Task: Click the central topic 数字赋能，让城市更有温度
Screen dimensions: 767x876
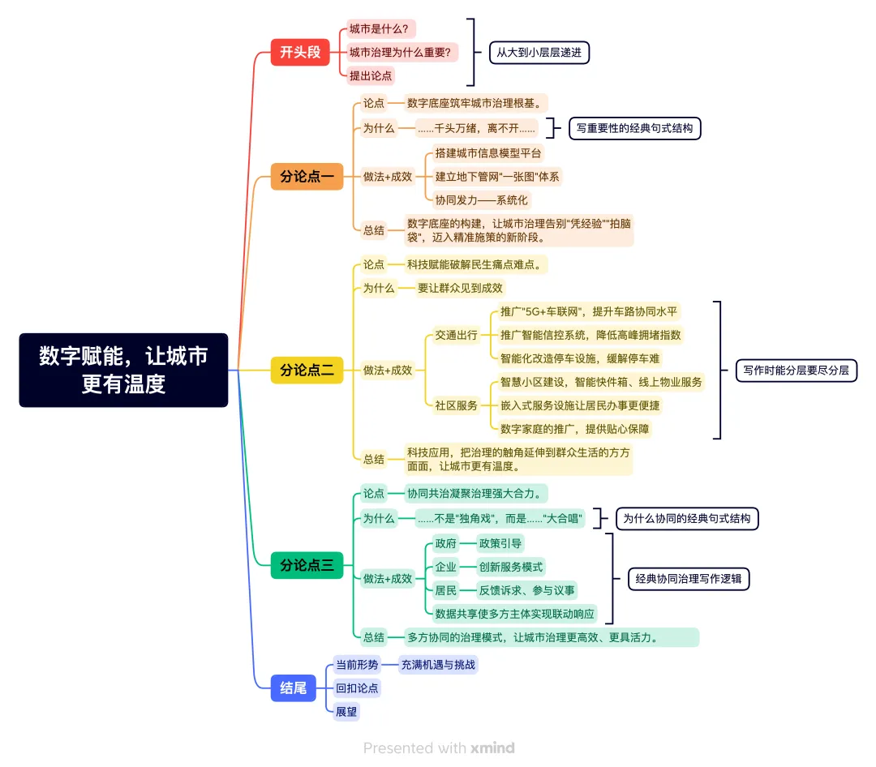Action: click(x=123, y=370)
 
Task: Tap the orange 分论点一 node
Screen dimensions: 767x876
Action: click(x=307, y=176)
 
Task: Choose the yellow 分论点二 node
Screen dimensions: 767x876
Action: click(x=307, y=371)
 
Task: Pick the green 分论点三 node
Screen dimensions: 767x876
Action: click(x=307, y=565)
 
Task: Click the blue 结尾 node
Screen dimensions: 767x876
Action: click(x=293, y=688)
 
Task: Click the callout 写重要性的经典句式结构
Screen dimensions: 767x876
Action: click(x=634, y=128)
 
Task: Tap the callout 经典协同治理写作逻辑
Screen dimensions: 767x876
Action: click(x=689, y=579)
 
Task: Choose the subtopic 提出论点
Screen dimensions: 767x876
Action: click(x=371, y=76)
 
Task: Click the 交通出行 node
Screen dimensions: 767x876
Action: click(x=456, y=335)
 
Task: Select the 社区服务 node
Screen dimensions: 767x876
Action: click(x=456, y=405)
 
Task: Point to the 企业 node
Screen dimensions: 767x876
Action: click(x=445, y=567)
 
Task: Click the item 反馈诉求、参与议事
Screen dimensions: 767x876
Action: click(x=526, y=590)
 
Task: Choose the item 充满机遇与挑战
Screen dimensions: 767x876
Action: click(x=438, y=665)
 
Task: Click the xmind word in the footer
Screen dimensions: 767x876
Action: click(x=492, y=748)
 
